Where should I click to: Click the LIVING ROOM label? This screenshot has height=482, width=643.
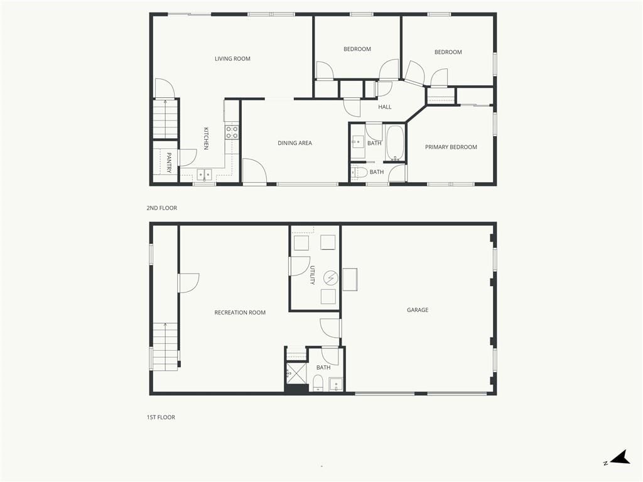(232, 58)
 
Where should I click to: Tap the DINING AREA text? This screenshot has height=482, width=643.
(295, 143)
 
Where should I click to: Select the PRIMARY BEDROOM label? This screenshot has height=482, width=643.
(451, 147)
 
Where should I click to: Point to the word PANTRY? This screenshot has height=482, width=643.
(168, 163)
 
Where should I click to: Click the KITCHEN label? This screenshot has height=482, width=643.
(206, 139)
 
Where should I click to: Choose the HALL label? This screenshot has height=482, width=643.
(385, 107)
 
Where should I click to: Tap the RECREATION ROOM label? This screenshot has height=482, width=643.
(240, 313)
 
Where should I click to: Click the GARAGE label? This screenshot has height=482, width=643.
(418, 310)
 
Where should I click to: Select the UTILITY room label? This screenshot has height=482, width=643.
(312, 276)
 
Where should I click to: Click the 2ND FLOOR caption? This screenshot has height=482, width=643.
(162, 208)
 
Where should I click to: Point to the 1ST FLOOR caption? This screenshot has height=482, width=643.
(161, 417)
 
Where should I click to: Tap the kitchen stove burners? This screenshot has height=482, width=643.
(232, 132)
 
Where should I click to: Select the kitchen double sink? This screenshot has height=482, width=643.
(204, 174)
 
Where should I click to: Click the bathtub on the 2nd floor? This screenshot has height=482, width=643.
(396, 143)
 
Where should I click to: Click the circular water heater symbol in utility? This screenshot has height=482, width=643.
(330, 278)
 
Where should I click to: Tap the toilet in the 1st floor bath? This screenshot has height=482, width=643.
(318, 382)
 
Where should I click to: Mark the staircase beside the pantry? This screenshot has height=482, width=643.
(165, 119)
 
